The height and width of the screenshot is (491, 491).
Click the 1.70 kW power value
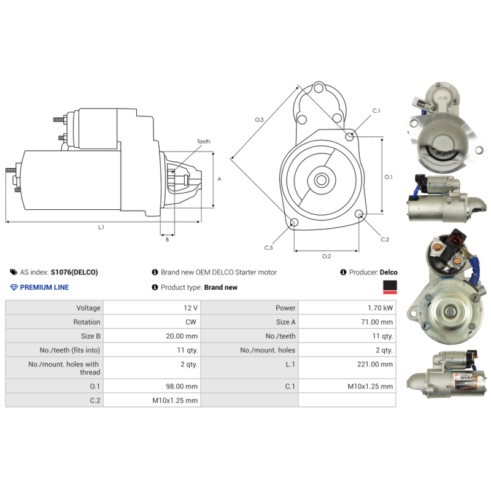coord(383,307)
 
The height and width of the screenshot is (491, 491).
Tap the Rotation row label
coord(87,322)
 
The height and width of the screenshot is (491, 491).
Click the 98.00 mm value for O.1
coord(184,386)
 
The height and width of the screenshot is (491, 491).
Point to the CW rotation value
coord(192,322)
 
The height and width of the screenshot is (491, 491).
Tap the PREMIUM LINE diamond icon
coord(14,287)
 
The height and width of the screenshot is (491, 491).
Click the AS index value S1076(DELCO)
coord(74,272)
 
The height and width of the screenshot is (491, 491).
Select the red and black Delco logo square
coord(389,287)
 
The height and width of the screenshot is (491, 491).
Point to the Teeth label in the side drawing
coord(203,142)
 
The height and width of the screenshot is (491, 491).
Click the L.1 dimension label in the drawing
coord(101,227)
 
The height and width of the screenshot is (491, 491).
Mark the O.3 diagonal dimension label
coord(259,120)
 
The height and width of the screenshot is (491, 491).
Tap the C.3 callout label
coord(268,247)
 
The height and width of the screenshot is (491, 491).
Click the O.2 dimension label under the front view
coord(327,256)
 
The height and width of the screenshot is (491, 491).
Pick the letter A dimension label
coord(219,179)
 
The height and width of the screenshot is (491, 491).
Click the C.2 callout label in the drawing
coord(385,239)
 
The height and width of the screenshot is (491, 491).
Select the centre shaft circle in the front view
coord(321,180)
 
